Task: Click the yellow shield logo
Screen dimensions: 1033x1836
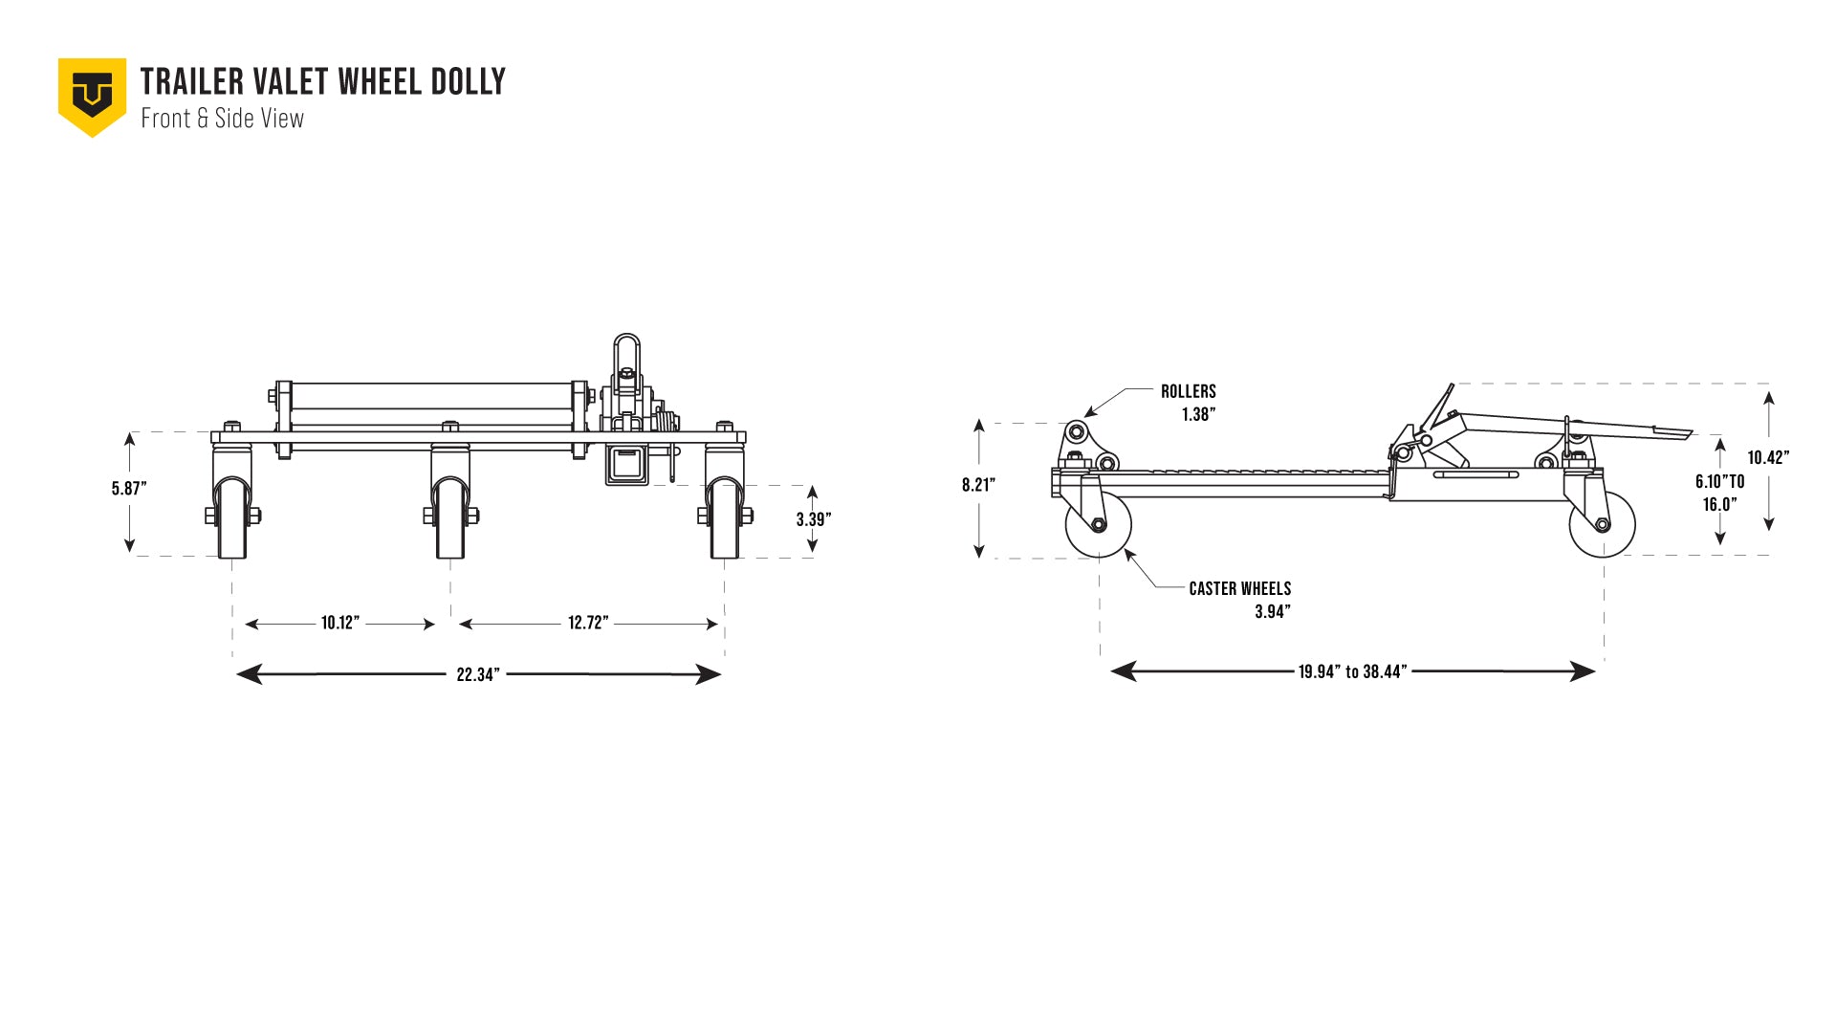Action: click(92, 96)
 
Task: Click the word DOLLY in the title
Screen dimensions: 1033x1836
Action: click(468, 82)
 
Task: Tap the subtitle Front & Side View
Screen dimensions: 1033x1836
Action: click(222, 119)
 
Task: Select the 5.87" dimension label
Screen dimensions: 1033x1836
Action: click(129, 489)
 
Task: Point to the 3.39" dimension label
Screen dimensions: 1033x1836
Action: click(813, 519)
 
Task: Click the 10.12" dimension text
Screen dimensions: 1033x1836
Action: click(339, 623)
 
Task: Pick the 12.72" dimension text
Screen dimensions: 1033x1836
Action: click(587, 623)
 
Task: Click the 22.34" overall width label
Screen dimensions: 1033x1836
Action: click(477, 674)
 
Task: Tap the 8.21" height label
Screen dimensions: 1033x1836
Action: click(978, 485)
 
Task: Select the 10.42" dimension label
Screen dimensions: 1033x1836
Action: click(1767, 457)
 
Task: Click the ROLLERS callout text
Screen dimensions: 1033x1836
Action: click(1188, 391)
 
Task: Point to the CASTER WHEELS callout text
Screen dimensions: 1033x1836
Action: click(1239, 588)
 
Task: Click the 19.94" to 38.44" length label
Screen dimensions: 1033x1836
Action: click(1352, 671)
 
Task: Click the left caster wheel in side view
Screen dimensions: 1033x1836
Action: click(1099, 524)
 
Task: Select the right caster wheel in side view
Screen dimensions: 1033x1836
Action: click(1603, 524)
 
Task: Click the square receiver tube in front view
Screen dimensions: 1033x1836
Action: click(627, 465)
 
